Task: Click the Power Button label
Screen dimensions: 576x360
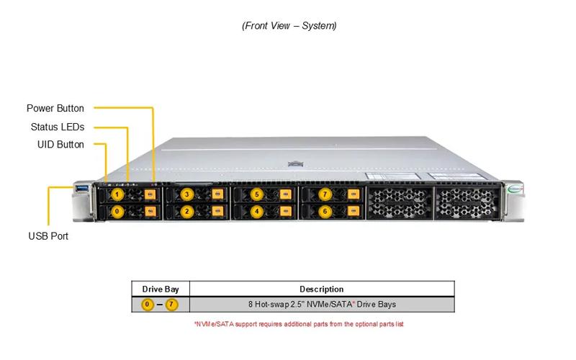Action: [55, 109]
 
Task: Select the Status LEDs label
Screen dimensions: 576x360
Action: [58, 127]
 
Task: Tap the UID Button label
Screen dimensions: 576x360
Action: [60, 145]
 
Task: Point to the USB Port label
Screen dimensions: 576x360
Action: [48, 236]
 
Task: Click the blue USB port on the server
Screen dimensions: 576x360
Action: [82, 189]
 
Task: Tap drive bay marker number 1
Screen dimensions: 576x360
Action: [117, 194]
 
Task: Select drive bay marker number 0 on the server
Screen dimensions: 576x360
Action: [117, 212]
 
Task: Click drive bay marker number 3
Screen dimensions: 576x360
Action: [187, 194]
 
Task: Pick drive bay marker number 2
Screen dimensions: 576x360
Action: [187, 212]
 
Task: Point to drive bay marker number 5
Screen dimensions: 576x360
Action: [257, 194]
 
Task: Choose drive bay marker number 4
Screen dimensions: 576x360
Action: [257, 212]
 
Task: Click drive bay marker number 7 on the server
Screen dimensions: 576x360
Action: [325, 194]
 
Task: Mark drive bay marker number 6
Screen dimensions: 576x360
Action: [325, 212]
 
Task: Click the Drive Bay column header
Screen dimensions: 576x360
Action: [161, 289]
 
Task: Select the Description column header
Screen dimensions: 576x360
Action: [322, 289]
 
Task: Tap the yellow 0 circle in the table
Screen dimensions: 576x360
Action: [148, 305]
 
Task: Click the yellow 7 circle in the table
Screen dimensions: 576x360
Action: [171, 305]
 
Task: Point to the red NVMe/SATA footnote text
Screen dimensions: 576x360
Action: [299, 324]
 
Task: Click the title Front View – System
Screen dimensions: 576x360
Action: [289, 26]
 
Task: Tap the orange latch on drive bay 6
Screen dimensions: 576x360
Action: [354, 211]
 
